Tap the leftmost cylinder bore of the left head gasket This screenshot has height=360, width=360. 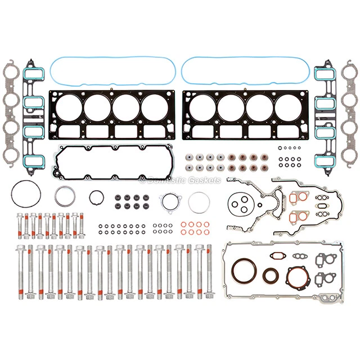click(x=69, y=107)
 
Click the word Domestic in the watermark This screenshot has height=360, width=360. click(x=163, y=181)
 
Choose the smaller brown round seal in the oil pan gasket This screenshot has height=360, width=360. click(x=271, y=276)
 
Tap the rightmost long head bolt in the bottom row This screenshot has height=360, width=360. click(x=209, y=271)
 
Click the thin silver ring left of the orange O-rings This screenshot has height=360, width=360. click(x=198, y=202)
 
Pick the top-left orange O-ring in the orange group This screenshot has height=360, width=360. click(x=183, y=224)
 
